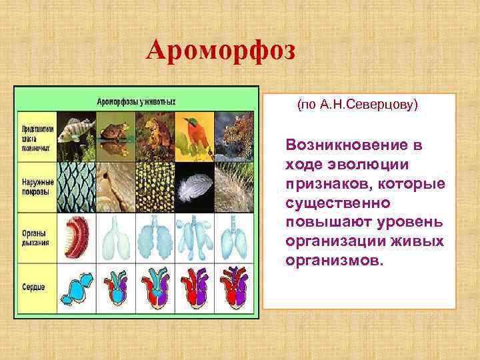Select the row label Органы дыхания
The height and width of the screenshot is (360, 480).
tap(36, 237)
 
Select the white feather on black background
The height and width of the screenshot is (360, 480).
tap(193, 185)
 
